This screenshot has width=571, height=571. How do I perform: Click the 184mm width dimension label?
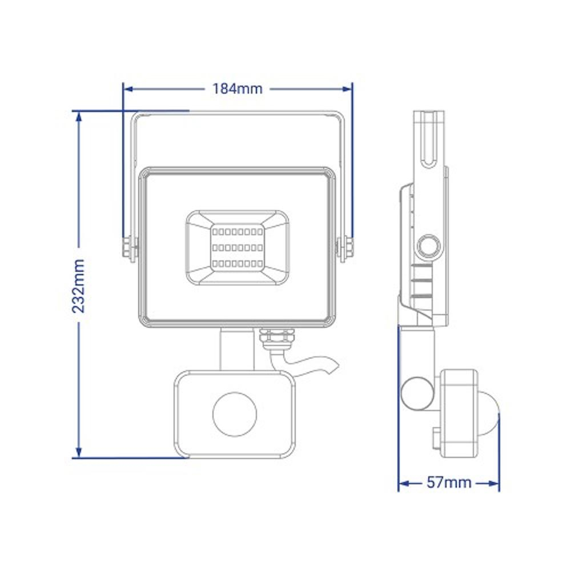(x=237, y=89)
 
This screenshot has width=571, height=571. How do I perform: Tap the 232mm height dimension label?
(x=78, y=286)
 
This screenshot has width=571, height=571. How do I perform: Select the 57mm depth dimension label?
(x=449, y=482)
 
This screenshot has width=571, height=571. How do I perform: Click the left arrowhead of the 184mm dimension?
(x=128, y=89)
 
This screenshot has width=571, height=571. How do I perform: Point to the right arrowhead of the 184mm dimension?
(x=347, y=89)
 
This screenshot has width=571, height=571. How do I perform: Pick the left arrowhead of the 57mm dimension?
(x=404, y=484)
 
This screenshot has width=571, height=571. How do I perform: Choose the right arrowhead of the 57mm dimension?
(x=494, y=484)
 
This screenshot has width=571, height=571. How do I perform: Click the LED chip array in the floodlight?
(x=238, y=248)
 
